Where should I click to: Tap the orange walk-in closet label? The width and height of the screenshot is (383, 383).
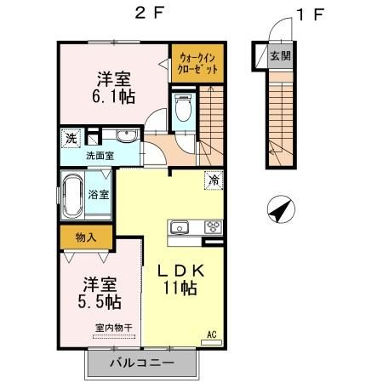click(197, 63)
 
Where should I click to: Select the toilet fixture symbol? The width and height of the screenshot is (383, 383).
click(181, 108)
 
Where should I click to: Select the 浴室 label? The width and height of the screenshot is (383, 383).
click(99, 194)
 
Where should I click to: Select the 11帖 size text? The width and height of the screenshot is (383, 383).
click(180, 289)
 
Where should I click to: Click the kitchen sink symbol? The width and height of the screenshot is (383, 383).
click(180, 227)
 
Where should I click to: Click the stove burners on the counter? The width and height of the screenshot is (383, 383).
click(212, 227)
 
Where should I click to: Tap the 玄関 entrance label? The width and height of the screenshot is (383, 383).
click(280, 55)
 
